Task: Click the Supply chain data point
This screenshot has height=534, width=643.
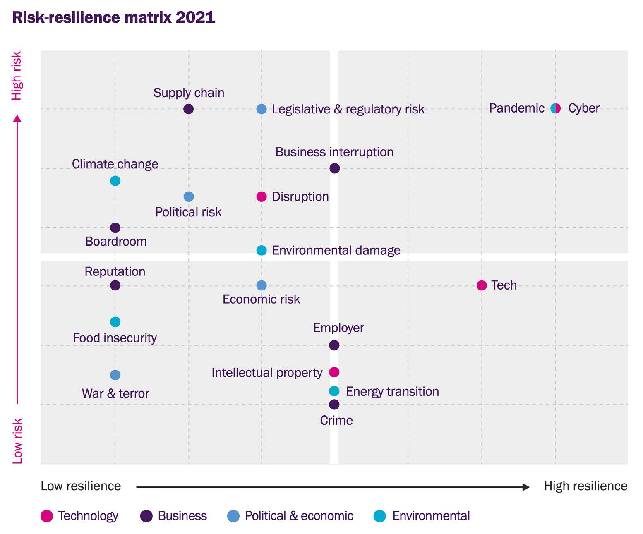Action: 188,109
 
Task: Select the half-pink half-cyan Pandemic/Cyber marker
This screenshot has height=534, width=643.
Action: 556,108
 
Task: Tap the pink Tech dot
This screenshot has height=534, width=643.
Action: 482,285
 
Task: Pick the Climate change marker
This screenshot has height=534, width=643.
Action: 115,181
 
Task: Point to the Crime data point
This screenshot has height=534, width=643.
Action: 334,405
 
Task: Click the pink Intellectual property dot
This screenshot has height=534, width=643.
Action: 334,372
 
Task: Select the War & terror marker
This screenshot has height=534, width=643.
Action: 115,375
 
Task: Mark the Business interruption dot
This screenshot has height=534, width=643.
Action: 335,168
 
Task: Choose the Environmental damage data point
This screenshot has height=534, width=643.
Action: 262,250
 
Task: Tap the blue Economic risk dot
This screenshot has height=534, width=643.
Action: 262,285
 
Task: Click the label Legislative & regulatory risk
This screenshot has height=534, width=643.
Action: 348,109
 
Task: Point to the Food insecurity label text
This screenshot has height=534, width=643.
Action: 115,338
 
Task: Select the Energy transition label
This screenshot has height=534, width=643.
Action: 392,391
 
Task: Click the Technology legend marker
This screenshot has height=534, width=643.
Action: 47,516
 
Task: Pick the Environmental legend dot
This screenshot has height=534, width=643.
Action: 379,516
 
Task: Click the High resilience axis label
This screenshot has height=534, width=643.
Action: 585,486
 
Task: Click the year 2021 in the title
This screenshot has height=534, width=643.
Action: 195,17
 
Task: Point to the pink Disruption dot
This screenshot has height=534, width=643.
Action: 262,196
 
